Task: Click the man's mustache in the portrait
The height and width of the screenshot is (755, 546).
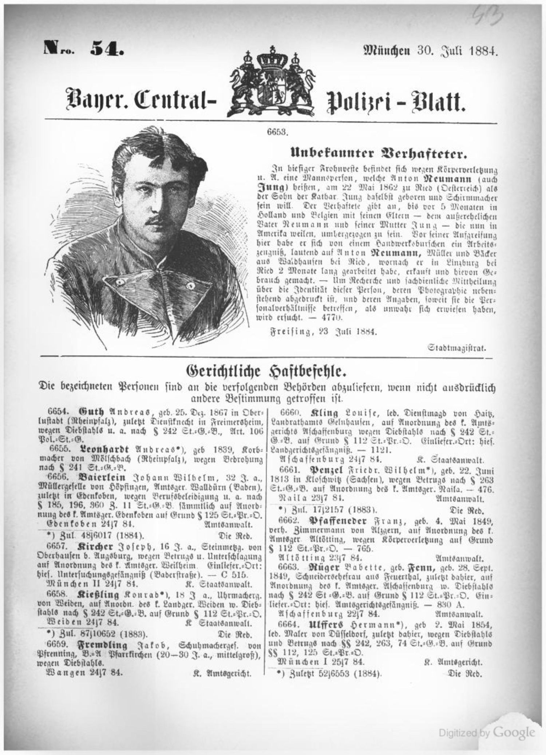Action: point(155,221)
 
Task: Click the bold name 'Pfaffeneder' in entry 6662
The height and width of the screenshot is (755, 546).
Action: point(340,519)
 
